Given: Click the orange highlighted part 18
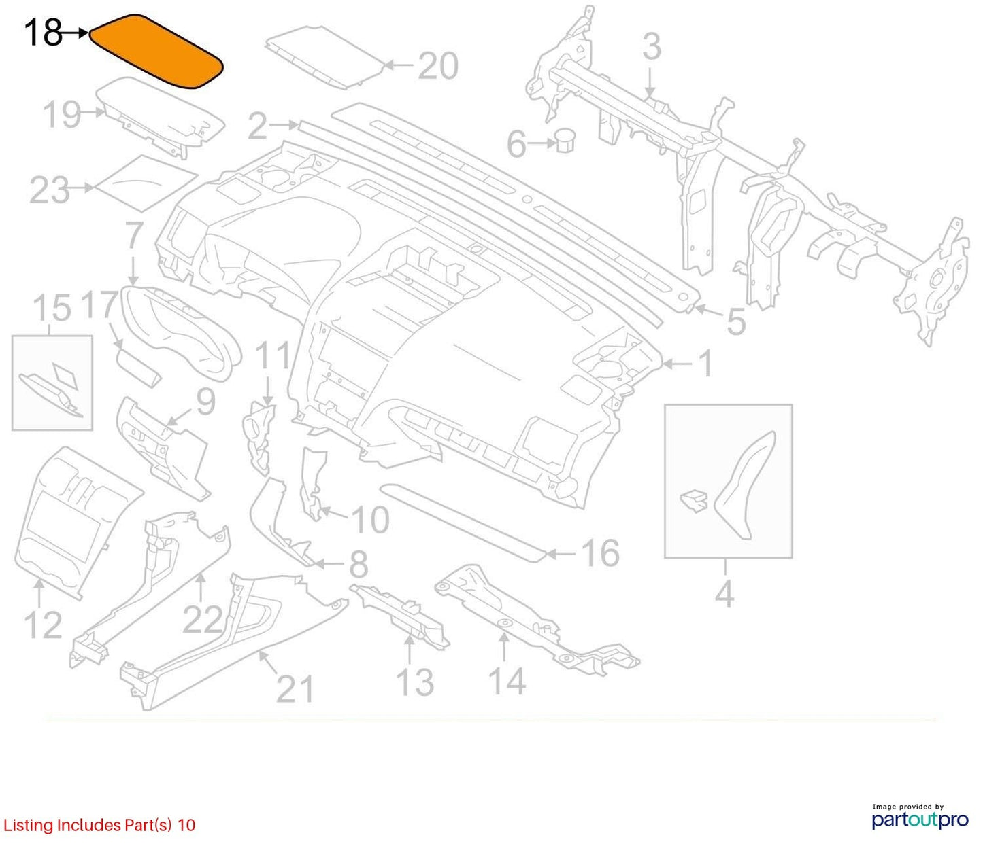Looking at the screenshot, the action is [x=156, y=51].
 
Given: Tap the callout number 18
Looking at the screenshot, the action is [x=43, y=33].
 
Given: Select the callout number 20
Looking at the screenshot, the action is [x=438, y=66].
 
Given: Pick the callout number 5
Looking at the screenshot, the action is [x=735, y=321].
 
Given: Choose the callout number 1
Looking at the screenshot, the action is [x=705, y=364].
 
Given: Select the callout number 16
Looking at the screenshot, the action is [x=601, y=553].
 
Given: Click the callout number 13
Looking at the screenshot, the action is [x=415, y=682].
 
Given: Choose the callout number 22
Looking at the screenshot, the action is [x=203, y=619].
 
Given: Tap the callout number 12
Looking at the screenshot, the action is [x=43, y=625].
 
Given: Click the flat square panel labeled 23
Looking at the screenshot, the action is [x=146, y=183].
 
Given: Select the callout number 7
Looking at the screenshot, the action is [x=133, y=236].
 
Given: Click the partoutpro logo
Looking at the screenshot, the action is [x=920, y=820].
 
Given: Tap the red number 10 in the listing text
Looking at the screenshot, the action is [x=186, y=825].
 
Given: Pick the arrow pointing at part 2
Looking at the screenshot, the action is [x=284, y=126].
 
